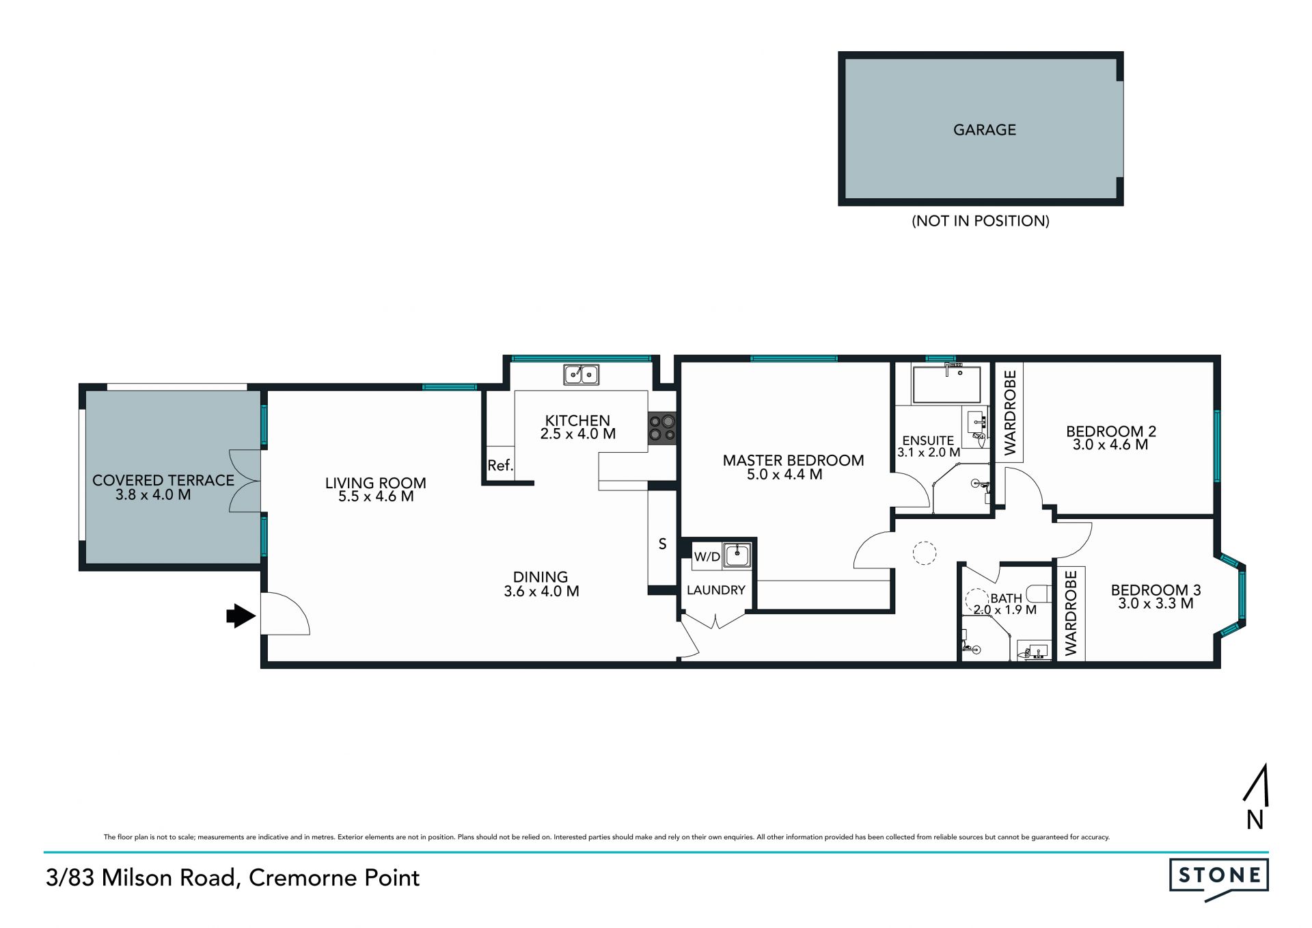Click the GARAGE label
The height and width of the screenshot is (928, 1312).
click(984, 129)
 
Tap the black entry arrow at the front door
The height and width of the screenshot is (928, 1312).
click(241, 615)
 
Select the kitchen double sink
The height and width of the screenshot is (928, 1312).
click(581, 375)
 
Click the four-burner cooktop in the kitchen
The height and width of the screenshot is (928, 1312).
click(661, 427)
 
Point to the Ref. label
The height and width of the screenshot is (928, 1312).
click(500, 466)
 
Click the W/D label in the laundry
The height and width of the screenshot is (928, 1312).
click(707, 557)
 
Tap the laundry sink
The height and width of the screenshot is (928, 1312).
click(737, 555)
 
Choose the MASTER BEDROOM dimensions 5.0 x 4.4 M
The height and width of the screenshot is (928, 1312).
click(784, 474)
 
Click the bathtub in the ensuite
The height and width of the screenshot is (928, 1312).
click(946, 384)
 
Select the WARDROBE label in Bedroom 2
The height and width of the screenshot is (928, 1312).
click(1010, 412)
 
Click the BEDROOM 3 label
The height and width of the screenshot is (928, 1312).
click(1156, 589)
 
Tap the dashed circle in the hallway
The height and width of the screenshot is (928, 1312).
click(924, 553)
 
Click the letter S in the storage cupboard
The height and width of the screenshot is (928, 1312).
click(662, 544)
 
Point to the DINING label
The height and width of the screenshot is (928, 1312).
click(541, 577)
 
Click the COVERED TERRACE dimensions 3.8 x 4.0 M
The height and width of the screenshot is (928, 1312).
click(153, 494)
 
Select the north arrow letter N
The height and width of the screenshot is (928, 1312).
click(1255, 819)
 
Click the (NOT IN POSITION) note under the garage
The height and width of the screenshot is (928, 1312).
click(981, 221)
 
